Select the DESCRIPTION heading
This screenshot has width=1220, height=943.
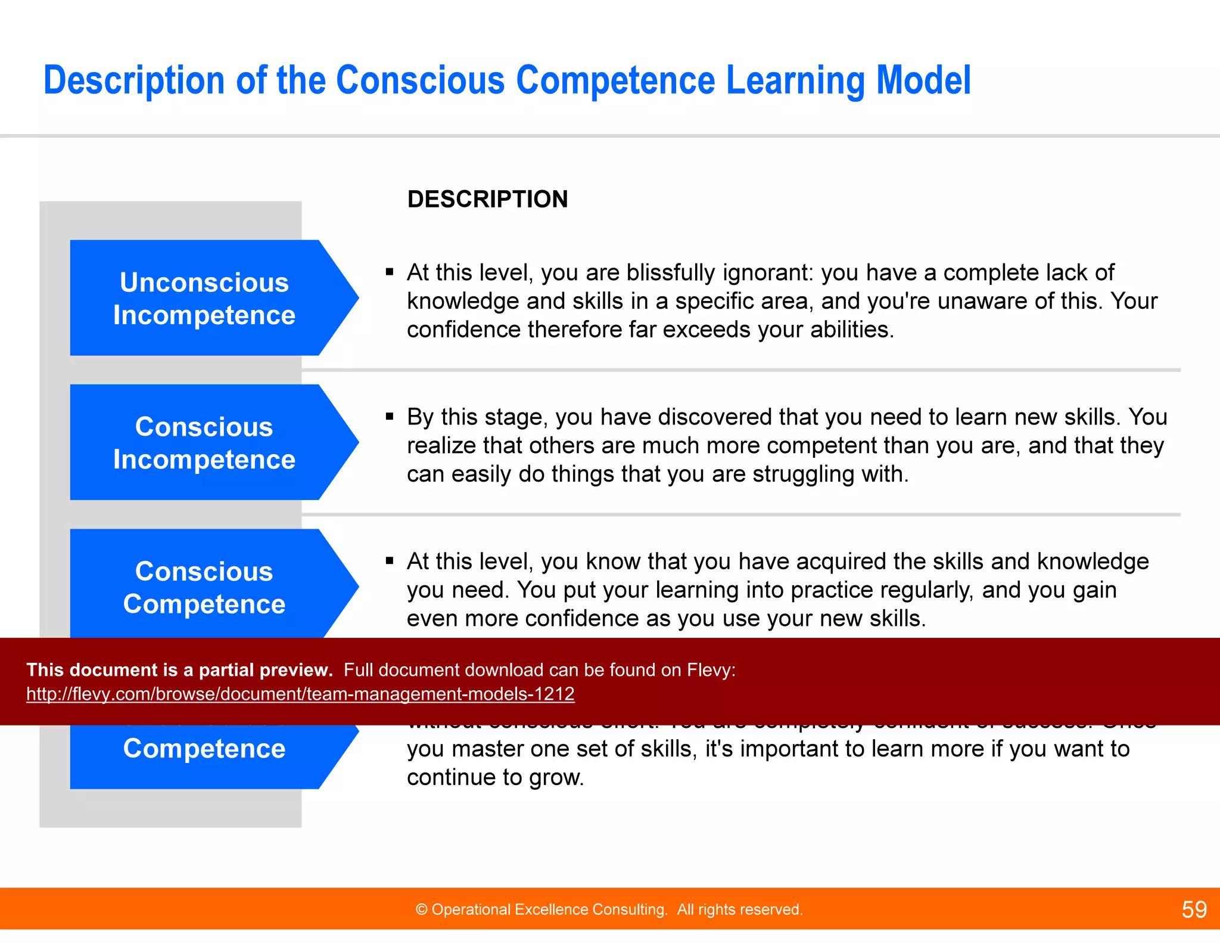point(487,199)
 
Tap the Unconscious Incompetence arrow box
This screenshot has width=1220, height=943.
point(204,298)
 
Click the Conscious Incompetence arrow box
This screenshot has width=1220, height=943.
point(204,442)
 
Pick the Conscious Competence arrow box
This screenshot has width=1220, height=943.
point(204,587)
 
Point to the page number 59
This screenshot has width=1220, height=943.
point(1194,910)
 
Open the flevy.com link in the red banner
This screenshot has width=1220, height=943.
point(300,694)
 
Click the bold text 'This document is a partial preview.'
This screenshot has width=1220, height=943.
point(179,670)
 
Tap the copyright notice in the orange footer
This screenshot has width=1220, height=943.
point(609,910)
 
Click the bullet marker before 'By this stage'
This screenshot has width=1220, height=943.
point(390,417)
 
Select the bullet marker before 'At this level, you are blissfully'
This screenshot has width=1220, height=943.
point(390,272)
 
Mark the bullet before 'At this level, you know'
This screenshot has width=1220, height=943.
point(390,561)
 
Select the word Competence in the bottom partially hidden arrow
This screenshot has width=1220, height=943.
point(204,749)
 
